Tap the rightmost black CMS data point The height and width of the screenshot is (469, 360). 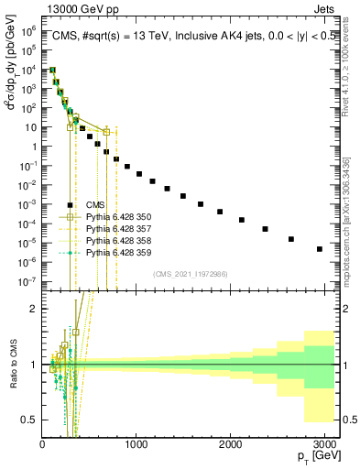click(x=320, y=248)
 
